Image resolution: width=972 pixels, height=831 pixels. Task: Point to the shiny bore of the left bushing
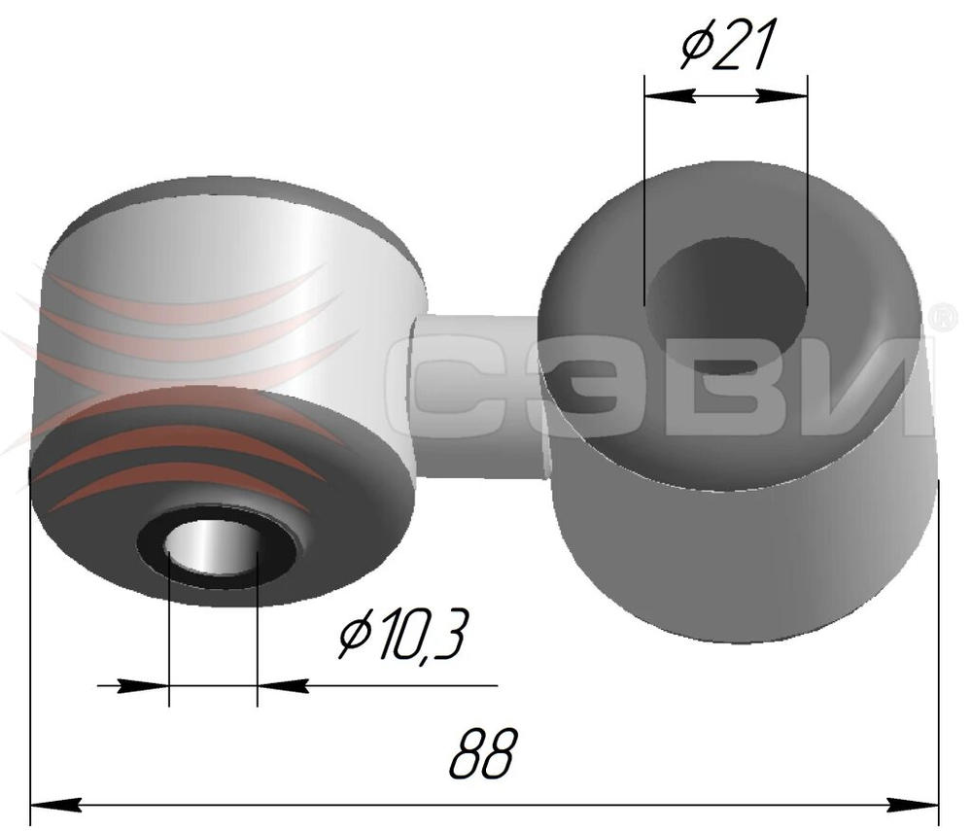point(213,547)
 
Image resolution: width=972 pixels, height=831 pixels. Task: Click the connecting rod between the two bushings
point(477,397)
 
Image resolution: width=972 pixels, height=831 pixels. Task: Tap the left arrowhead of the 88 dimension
point(55,806)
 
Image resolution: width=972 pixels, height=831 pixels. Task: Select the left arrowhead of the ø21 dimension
point(669,95)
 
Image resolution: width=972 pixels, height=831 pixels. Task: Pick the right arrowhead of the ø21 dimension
point(782,95)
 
